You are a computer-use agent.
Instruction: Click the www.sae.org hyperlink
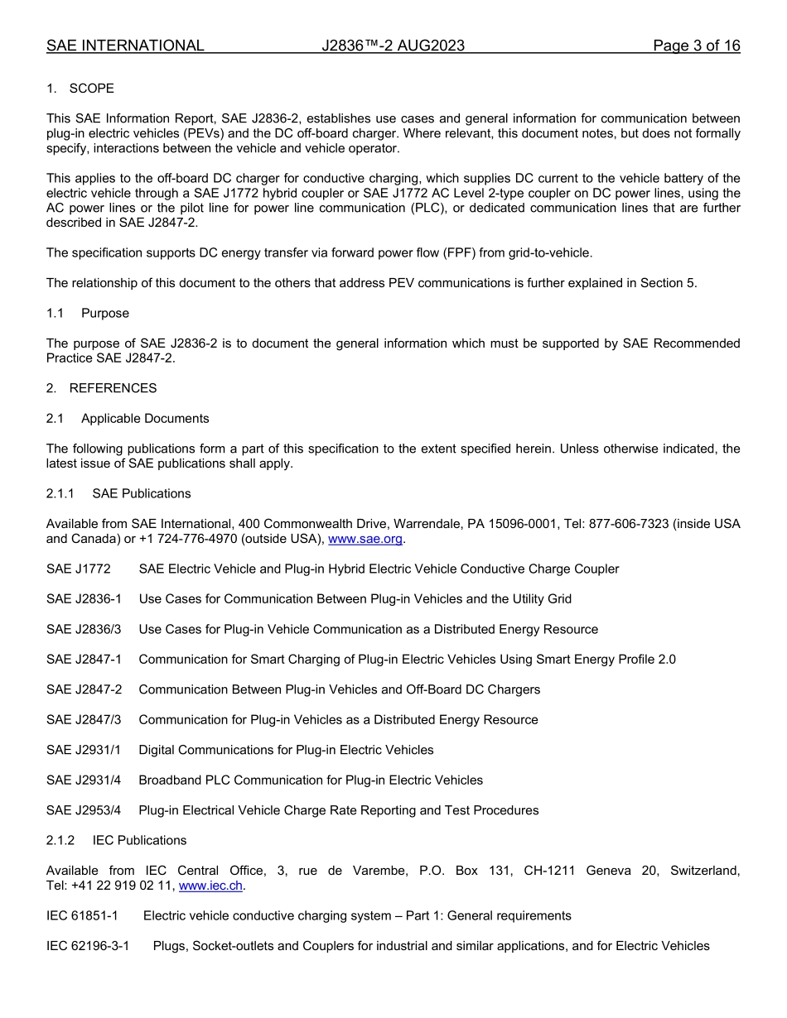click(365, 539)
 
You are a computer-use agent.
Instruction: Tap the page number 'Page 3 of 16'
click(696, 46)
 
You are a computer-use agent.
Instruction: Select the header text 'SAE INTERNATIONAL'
click(125, 46)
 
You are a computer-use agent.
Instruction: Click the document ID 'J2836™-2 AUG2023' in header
click(393, 46)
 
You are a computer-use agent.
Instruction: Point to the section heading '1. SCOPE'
click(80, 89)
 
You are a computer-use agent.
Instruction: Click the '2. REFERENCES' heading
click(101, 388)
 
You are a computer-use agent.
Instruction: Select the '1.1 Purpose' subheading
click(88, 314)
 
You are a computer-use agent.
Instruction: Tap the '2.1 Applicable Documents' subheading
click(128, 419)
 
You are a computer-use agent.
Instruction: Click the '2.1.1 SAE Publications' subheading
click(118, 493)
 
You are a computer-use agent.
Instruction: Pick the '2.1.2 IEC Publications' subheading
click(116, 840)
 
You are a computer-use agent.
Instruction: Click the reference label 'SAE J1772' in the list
click(78, 569)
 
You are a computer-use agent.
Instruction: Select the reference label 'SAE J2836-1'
click(84, 599)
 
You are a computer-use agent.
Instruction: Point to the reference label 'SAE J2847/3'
click(84, 720)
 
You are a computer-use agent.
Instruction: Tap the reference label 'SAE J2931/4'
click(84, 780)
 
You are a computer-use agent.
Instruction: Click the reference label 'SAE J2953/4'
click(84, 810)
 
